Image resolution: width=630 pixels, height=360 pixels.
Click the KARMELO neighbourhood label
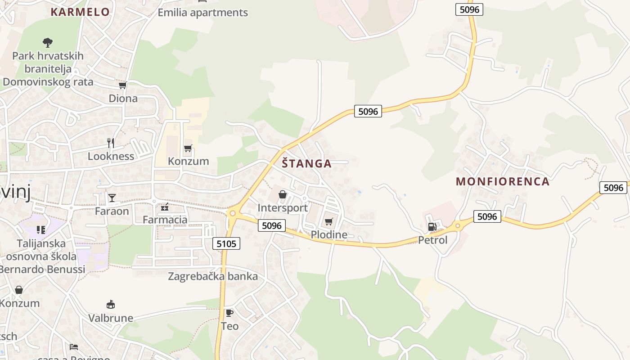pyautogui.click(x=80, y=12)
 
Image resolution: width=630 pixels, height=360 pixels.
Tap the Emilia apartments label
pyautogui.click(x=202, y=13)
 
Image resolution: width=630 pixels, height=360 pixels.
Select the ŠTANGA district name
pyautogui.click(x=307, y=163)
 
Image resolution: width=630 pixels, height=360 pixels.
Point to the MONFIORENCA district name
pyautogui.click(x=503, y=181)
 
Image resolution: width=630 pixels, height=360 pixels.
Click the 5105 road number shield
pyautogui.click(x=226, y=243)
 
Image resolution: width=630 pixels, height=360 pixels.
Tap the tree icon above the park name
pyautogui.click(x=48, y=43)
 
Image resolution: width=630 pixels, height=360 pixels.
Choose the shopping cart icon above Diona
pyautogui.click(x=122, y=85)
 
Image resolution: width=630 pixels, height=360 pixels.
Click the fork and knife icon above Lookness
pyautogui.click(x=111, y=143)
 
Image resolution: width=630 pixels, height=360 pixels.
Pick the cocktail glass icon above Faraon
pyautogui.click(x=112, y=198)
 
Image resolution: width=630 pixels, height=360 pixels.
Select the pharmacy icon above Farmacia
pyautogui.click(x=165, y=207)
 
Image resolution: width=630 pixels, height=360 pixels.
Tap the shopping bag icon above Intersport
pyautogui.click(x=283, y=194)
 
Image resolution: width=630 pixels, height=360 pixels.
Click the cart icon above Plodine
pyautogui.click(x=329, y=221)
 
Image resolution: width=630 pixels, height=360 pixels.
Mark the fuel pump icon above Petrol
pyautogui.click(x=432, y=227)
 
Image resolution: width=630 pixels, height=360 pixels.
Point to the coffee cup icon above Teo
pyautogui.click(x=229, y=312)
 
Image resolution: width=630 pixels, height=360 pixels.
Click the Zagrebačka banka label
pyautogui.click(x=213, y=276)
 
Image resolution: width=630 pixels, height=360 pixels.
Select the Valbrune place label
pyautogui.click(x=111, y=318)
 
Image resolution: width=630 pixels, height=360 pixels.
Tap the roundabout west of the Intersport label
pyautogui.click(x=232, y=213)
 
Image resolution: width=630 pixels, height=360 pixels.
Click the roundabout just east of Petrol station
pyautogui.click(x=458, y=225)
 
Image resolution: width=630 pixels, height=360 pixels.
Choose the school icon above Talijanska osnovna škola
pyautogui.click(x=41, y=230)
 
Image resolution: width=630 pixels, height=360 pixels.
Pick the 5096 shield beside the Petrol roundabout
pyautogui.click(x=487, y=216)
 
